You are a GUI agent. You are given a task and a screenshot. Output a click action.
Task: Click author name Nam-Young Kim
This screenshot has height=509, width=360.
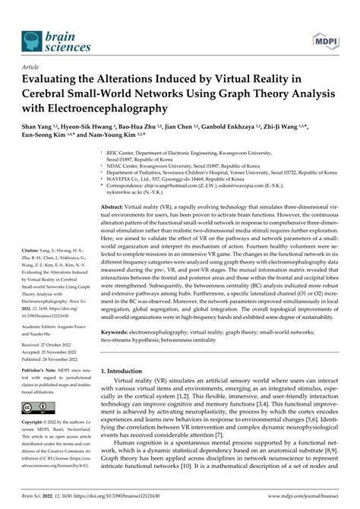[128, 138]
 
